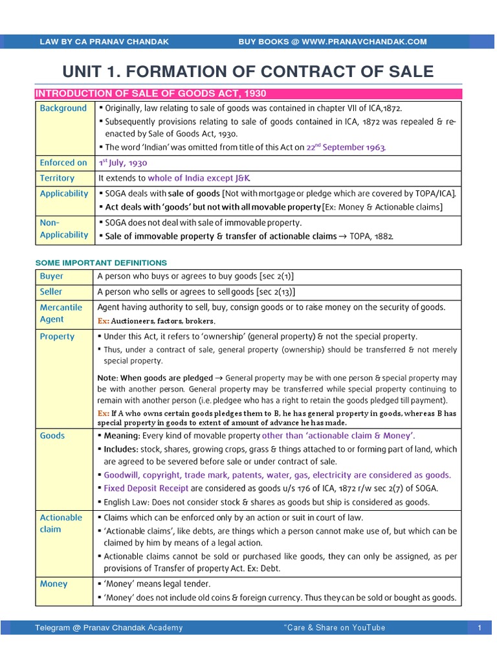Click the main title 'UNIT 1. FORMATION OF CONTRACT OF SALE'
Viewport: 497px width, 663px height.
click(x=248, y=72)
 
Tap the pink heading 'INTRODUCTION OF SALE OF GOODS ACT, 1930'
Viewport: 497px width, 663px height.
click(x=150, y=94)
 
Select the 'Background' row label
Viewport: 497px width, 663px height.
click(x=63, y=108)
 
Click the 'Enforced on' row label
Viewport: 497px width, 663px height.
click(x=63, y=163)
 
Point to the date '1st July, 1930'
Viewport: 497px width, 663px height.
click(x=123, y=163)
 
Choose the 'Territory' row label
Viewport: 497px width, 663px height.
click(x=57, y=178)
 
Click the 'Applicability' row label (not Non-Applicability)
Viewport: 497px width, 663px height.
click(x=64, y=194)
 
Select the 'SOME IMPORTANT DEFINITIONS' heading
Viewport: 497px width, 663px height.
click(x=100, y=262)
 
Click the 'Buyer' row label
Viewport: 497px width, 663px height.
click(x=52, y=276)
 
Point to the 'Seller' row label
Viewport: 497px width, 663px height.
click(x=52, y=292)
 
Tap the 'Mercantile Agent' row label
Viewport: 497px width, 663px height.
click(x=61, y=313)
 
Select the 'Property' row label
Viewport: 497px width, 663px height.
click(x=57, y=337)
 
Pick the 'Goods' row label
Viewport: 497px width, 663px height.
click(x=52, y=436)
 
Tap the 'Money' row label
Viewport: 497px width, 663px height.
click(x=54, y=584)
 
